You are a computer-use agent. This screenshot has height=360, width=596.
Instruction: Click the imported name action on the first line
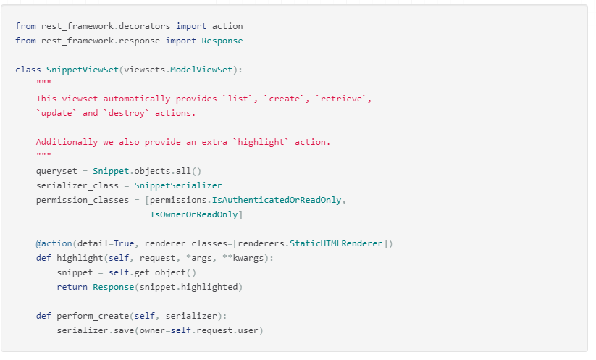[x=227, y=26]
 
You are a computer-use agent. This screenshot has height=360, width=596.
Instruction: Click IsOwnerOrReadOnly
[x=193, y=214]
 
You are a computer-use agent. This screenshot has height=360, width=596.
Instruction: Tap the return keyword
[x=72, y=287]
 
